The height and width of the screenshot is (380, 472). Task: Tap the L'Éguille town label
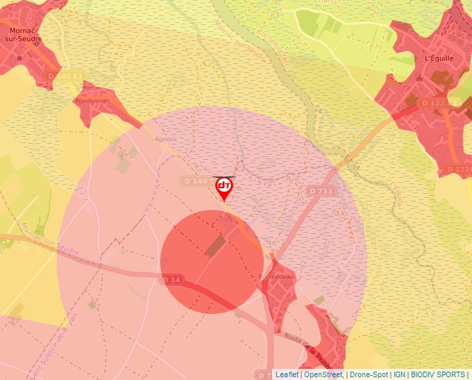pyautogui.click(x=438, y=58)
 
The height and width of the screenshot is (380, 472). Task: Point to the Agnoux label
pyautogui.click(x=166, y=138)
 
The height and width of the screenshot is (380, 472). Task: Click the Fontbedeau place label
pyautogui.click(x=277, y=276)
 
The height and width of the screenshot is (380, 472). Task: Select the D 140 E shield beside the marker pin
pyautogui.click(x=196, y=181)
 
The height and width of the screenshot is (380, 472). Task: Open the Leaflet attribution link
pyautogui.click(x=287, y=374)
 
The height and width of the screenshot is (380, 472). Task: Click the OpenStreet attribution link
pyautogui.click(x=323, y=374)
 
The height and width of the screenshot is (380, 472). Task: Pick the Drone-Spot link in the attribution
pyautogui.click(x=369, y=374)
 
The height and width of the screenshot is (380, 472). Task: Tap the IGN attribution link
pyautogui.click(x=399, y=374)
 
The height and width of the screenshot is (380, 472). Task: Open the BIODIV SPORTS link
pyautogui.click(x=438, y=374)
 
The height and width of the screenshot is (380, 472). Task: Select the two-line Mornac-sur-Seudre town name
pyautogui.click(x=25, y=35)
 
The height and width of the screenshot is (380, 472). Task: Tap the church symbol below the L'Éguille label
pyautogui.click(x=419, y=79)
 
